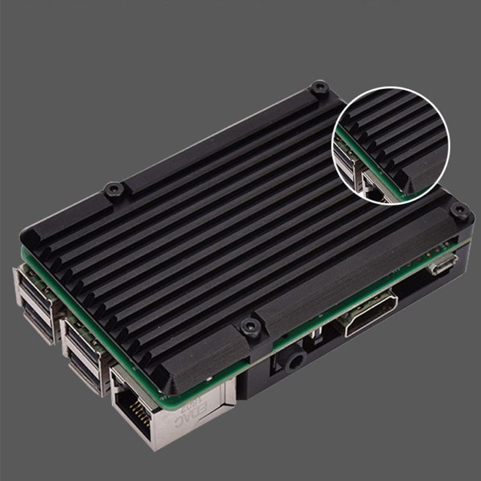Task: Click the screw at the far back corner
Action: point(319,88)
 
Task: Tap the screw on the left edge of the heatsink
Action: point(114,190)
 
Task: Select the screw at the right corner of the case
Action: point(460,210)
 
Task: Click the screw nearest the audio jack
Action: point(251,327)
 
